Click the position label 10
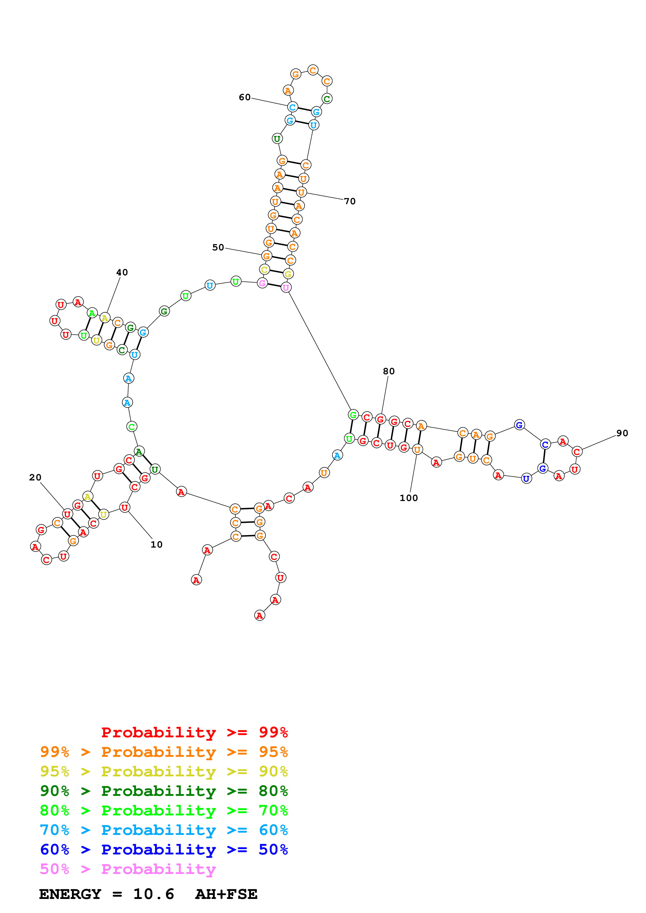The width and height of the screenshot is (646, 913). (156, 544)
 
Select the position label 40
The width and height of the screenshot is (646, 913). (122, 272)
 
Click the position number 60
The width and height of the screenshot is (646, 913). (244, 97)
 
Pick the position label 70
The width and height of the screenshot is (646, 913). (350, 201)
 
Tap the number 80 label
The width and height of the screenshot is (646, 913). (389, 371)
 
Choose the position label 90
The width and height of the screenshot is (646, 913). (622, 433)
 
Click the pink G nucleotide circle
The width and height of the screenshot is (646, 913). (262, 283)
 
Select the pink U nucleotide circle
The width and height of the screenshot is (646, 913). (286, 288)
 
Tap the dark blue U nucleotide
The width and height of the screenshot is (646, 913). (526, 478)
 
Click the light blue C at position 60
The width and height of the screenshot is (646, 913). (293, 107)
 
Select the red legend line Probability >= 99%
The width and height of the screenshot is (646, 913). (194, 732)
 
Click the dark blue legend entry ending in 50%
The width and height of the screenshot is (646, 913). (164, 849)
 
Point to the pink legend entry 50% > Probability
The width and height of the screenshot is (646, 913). (127, 869)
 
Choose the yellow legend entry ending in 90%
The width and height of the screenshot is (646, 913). (164, 771)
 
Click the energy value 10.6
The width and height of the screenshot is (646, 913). (154, 894)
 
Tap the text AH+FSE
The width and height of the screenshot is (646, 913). (226, 894)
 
